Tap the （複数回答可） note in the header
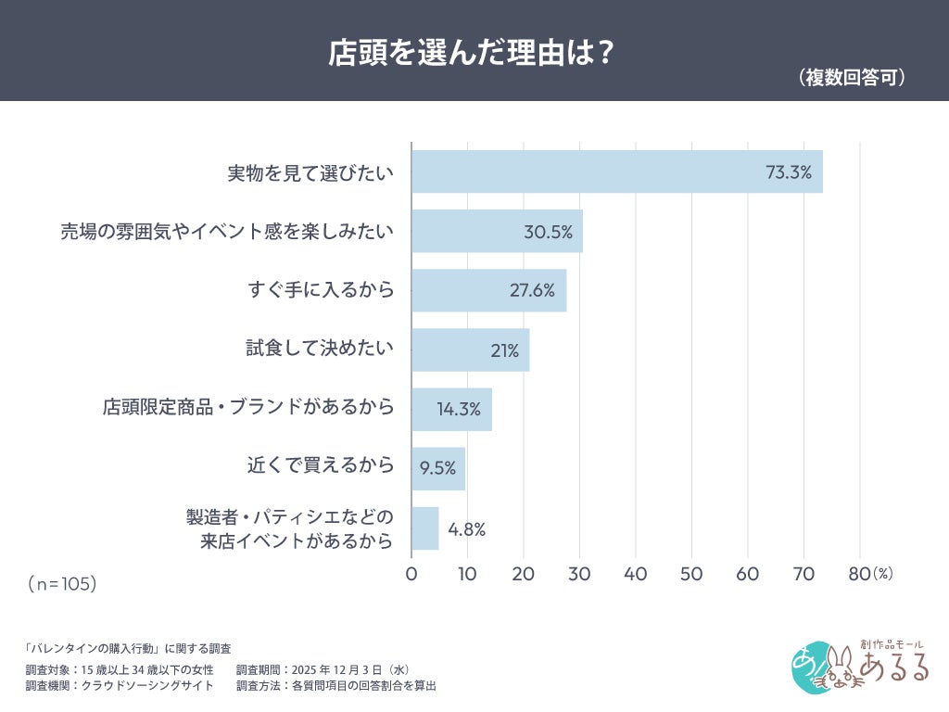[x=851, y=78]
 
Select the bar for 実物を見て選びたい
[x=616, y=172]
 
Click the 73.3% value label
[x=788, y=172]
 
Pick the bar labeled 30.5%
[x=497, y=231]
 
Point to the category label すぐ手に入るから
[x=321, y=290]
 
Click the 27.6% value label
[x=532, y=290]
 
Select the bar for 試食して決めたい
[x=470, y=350]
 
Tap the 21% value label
[x=504, y=350]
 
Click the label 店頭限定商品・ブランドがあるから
[x=247, y=408]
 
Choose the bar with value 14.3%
[x=451, y=409]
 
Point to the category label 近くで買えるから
[x=321, y=465]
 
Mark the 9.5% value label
[x=437, y=468]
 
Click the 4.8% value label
[x=466, y=529]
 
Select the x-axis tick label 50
[x=691, y=574]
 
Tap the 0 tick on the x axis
[x=411, y=574]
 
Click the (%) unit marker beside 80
[x=882, y=574]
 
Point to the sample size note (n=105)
[x=62, y=584]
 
